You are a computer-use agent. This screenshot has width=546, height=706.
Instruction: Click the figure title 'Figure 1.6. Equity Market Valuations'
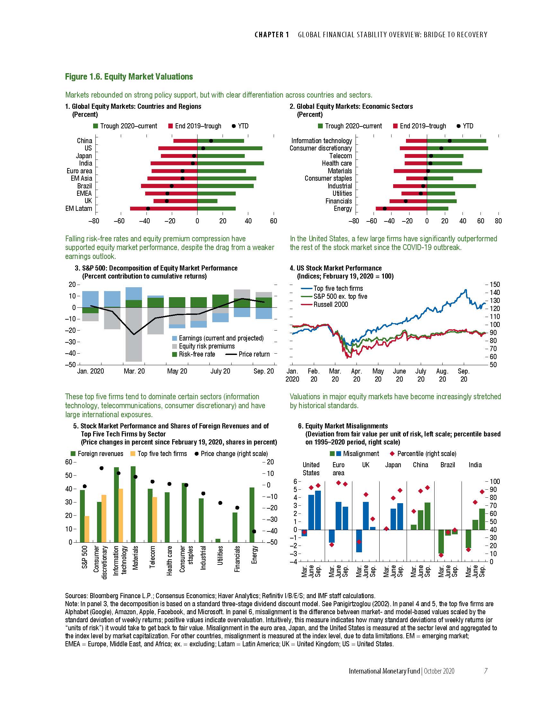pyautogui.click(x=129, y=77)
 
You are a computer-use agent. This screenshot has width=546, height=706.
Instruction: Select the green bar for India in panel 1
pyautogui.click(x=230, y=163)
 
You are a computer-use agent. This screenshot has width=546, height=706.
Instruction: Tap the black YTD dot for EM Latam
pyautogui.click(x=148, y=209)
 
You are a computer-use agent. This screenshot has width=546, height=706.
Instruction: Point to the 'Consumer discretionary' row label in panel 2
pyautogui.click(x=321, y=148)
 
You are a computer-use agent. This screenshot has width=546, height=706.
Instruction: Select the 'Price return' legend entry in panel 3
pyautogui.click(x=254, y=354)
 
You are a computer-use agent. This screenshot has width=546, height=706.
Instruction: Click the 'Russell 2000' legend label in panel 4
pyautogui.click(x=330, y=305)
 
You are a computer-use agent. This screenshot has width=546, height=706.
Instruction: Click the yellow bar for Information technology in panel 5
pyautogui.click(x=121, y=515)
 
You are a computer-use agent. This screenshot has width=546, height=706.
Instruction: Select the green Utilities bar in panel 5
pyautogui.click(x=218, y=540)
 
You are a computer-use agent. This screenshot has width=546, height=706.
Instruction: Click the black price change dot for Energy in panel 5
pyautogui.click(x=254, y=531)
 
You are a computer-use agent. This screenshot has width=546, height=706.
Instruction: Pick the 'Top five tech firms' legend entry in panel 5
pyautogui.click(x=162, y=454)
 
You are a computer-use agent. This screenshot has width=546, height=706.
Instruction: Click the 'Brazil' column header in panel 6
pyautogui.click(x=448, y=465)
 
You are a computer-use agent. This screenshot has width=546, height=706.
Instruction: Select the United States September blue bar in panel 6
pyautogui.click(x=318, y=510)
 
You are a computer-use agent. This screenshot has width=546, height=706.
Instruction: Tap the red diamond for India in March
pyautogui.click(x=468, y=549)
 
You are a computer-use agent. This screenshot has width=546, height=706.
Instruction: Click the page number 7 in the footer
pyautogui.click(x=485, y=671)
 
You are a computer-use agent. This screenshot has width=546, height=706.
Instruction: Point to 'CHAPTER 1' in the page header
pyautogui.click(x=272, y=35)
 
